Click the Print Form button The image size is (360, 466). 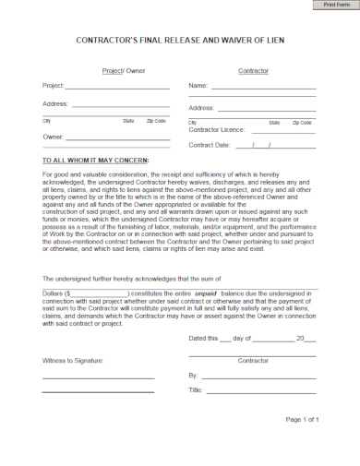pyautogui.click(x=336, y=5)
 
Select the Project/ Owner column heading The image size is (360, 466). pyautogui.click(x=123, y=70)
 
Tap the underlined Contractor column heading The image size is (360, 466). pyautogui.click(x=253, y=70)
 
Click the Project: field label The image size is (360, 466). pyautogui.click(x=53, y=86)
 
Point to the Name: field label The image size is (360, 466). pyautogui.click(x=198, y=86)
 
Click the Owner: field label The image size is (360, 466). pyautogui.click(x=53, y=137)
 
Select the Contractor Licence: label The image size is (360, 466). pyautogui.click(x=217, y=130)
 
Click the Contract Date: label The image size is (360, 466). pyautogui.click(x=209, y=145)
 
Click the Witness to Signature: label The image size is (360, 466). pyautogui.click(x=73, y=360)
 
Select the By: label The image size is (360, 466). pyautogui.click(x=193, y=376)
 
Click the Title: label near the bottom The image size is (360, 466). pyautogui.click(x=196, y=390)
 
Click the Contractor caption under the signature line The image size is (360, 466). pyautogui.click(x=253, y=360)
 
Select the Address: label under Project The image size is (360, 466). pyautogui.click(x=55, y=103)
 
